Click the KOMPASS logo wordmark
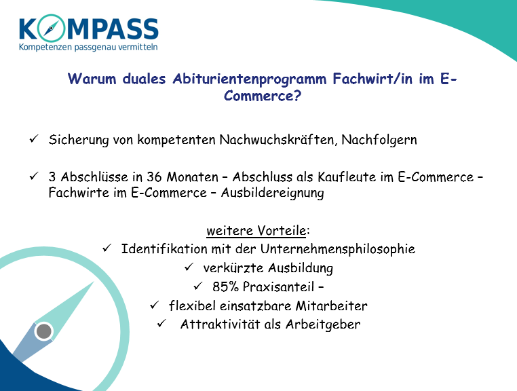89,28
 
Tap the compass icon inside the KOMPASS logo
50,28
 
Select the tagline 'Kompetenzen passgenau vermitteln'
88,48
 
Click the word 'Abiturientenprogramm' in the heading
250,79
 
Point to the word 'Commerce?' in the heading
263,96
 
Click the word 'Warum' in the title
92,79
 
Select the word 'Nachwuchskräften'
278,140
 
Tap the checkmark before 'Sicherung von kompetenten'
34,138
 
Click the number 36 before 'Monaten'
154,177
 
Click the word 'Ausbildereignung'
272,193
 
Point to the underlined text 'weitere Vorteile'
256,230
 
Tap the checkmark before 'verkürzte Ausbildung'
189,267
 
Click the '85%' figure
225,286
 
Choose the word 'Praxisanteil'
278,286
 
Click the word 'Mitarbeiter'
331,305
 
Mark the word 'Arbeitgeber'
323,324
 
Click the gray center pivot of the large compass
44,331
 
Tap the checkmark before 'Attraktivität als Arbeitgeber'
161,323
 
